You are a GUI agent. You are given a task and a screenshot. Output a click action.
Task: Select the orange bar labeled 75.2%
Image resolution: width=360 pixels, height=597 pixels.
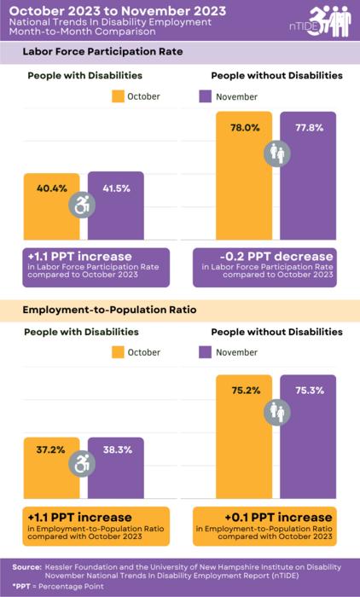(x=244, y=443)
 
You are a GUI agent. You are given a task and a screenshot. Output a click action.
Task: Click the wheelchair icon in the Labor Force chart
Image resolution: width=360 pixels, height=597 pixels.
(x=84, y=206)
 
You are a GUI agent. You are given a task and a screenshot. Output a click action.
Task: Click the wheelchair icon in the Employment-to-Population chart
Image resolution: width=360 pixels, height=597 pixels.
(x=84, y=464)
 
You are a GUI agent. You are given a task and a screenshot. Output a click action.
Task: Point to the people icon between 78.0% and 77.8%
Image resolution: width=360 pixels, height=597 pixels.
(x=276, y=153)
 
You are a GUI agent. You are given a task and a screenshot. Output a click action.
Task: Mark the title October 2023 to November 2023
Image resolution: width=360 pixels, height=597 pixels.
(x=93, y=9)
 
